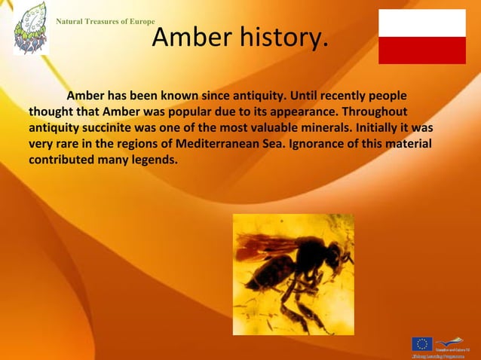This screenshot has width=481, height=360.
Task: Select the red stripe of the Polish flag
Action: [x=421, y=50]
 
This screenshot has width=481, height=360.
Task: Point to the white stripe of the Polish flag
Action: [x=421, y=23]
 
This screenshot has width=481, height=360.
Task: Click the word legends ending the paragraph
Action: [x=152, y=160]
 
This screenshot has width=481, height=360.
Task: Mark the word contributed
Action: [x=63, y=160]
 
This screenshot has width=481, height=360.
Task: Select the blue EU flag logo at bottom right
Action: [x=421, y=344]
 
